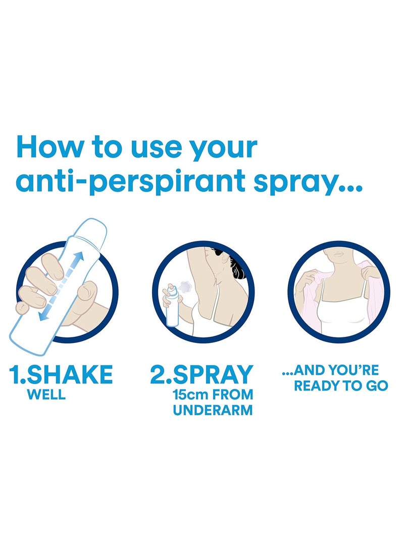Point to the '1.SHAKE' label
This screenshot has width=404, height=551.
tap(61, 374)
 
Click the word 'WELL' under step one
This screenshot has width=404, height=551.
tap(46, 394)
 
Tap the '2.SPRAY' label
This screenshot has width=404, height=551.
tap(201, 374)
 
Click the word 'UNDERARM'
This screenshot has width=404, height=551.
tap(213, 410)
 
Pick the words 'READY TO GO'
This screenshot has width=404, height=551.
tap(341, 386)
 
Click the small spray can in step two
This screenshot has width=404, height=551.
tap(172, 306)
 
